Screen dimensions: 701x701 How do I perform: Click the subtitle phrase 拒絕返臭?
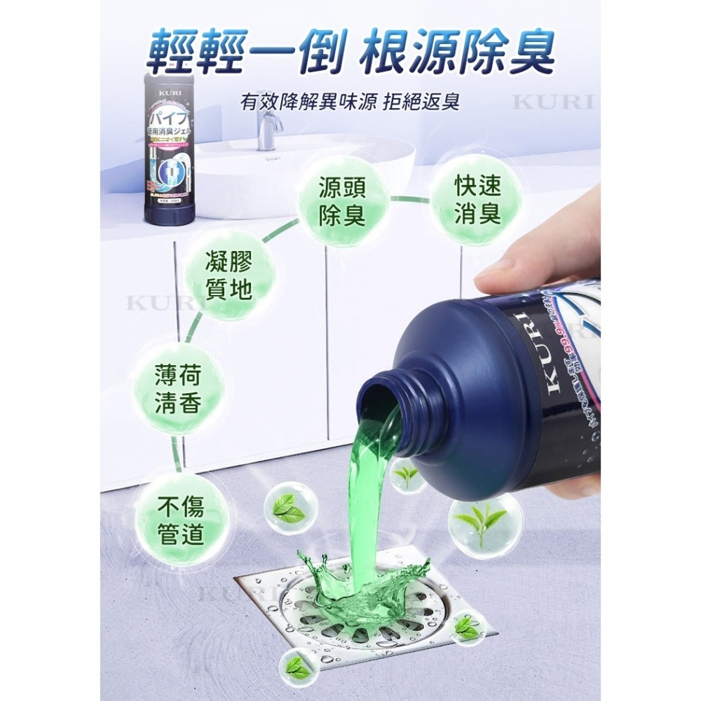[423, 102]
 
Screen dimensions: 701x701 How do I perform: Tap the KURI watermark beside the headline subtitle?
[553, 102]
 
